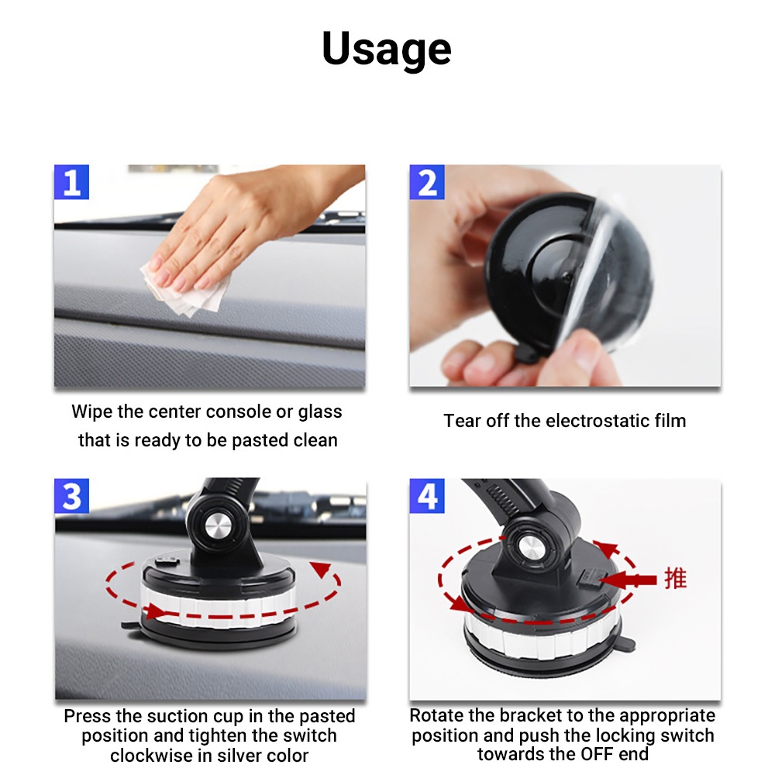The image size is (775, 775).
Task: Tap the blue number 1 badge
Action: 71,182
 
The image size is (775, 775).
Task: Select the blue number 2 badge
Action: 427,182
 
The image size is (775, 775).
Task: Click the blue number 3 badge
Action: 71,496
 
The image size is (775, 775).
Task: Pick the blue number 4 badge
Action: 427,496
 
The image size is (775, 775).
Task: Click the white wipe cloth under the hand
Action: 185,291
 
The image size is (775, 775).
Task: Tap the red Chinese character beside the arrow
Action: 675,578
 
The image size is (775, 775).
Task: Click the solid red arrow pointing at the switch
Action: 628,580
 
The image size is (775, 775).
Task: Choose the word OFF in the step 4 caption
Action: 597,754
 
